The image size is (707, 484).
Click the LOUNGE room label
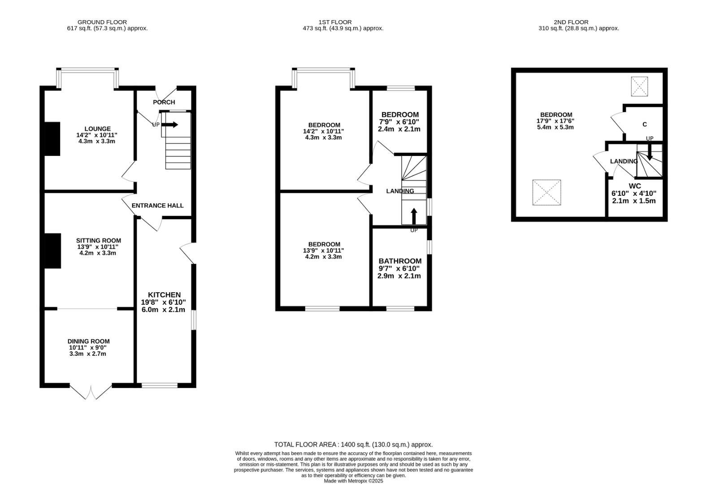[x=98, y=129]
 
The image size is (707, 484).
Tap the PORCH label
[x=164, y=102]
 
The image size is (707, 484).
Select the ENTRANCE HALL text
[x=157, y=206]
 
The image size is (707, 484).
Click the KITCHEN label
[x=165, y=295]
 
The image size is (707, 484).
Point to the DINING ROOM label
[x=89, y=341]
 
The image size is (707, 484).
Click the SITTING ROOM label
[x=99, y=241]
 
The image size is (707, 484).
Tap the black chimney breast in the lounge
[x=52, y=139]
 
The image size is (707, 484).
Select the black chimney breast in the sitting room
[x=52, y=251]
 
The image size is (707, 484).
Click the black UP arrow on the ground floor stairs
[x=170, y=125]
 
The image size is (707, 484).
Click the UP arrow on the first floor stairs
[x=414, y=216]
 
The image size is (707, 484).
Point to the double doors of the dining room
[x=91, y=392]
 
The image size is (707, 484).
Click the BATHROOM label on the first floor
[x=400, y=261]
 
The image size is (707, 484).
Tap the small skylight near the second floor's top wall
[x=639, y=86]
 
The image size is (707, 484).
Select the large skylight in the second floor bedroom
[x=547, y=192]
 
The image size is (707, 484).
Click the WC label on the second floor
[x=635, y=186]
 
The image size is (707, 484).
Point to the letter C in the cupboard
[x=645, y=124]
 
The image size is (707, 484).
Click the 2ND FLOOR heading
[x=571, y=22]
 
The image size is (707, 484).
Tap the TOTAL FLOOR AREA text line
[x=353, y=445]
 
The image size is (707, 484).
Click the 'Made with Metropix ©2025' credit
[x=353, y=481]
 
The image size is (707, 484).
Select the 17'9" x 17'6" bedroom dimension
[x=555, y=121]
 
